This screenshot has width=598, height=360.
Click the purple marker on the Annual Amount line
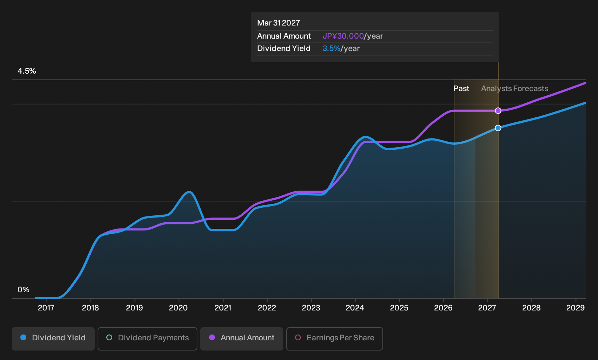pos(498,110)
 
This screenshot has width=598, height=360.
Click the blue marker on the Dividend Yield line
pos(498,128)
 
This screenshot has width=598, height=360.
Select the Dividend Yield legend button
pos(53,339)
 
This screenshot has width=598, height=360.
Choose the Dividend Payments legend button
pos(147,339)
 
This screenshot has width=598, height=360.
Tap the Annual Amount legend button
pos(241,339)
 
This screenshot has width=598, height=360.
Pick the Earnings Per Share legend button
pos(334,339)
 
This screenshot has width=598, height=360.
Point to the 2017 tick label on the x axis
pos(46,308)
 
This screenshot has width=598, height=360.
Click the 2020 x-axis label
pos(178,308)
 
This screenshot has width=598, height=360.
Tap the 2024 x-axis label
pos(355,308)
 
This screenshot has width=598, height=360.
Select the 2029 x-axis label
pos(575,308)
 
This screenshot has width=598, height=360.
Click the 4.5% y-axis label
pos(27,71)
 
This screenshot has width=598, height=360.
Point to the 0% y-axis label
pos(24,290)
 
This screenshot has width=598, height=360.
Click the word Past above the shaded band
pos(461,89)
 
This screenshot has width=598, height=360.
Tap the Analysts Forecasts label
pos(515,89)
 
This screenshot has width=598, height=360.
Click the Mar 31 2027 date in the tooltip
pos(279,23)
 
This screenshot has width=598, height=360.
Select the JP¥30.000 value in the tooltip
pos(343,36)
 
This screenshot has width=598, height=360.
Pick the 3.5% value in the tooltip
pos(331,48)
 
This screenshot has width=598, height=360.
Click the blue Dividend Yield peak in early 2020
pos(189,192)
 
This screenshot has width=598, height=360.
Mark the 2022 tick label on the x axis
pos(267,308)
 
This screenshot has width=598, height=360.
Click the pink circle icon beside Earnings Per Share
pos(298,337)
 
